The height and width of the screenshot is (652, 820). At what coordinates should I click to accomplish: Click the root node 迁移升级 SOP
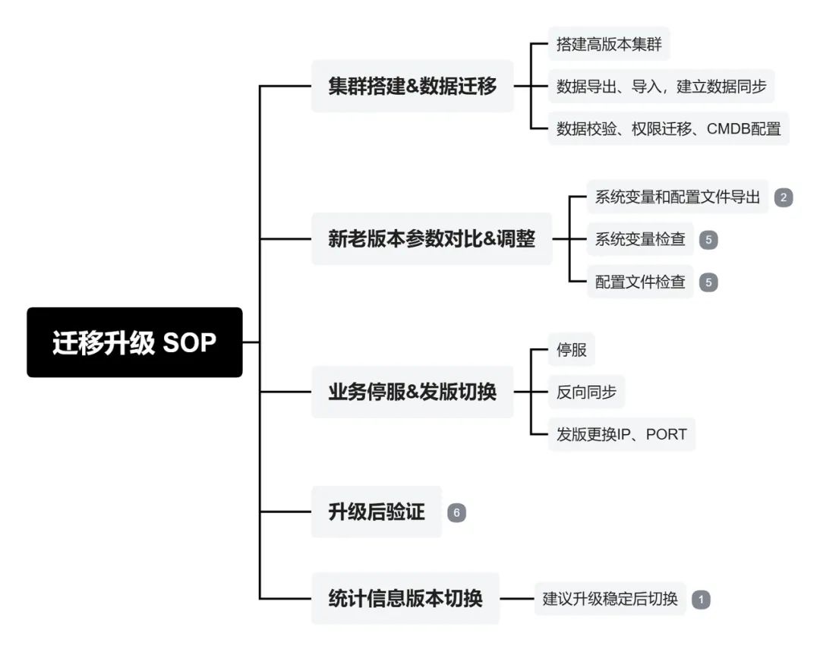[134, 342]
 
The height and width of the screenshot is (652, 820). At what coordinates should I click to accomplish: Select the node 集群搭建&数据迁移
[412, 87]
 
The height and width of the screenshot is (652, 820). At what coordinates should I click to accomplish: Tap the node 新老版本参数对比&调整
[431, 239]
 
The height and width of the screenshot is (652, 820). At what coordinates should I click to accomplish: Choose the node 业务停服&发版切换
[412, 392]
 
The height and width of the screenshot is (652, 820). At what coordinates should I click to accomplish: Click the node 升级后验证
[376, 512]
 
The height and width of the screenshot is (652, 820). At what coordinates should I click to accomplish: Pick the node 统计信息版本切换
[405, 598]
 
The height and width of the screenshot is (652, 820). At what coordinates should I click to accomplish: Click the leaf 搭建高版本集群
[609, 44]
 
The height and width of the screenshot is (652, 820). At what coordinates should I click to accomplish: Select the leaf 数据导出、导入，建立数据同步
[661, 87]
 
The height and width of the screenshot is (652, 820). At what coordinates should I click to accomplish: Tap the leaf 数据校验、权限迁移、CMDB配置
[668, 129]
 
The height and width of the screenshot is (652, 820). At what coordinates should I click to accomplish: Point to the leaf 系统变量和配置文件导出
[677, 197]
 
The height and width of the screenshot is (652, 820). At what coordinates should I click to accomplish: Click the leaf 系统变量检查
[640, 240]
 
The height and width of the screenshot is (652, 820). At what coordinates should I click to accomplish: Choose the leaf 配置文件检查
[640, 282]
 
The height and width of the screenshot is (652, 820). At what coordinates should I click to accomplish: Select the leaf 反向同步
[586, 392]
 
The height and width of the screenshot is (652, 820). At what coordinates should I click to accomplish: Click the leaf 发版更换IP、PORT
[621, 435]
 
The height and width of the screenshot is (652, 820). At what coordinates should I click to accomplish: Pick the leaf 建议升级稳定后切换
[610, 599]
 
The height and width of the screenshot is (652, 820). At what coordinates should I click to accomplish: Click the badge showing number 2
[784, 198]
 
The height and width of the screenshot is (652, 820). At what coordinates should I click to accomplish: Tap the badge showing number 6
[456, 513]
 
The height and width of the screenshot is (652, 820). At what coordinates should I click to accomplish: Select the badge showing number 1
[701, 600]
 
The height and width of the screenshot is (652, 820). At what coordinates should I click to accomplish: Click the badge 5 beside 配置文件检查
[708, 282]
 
